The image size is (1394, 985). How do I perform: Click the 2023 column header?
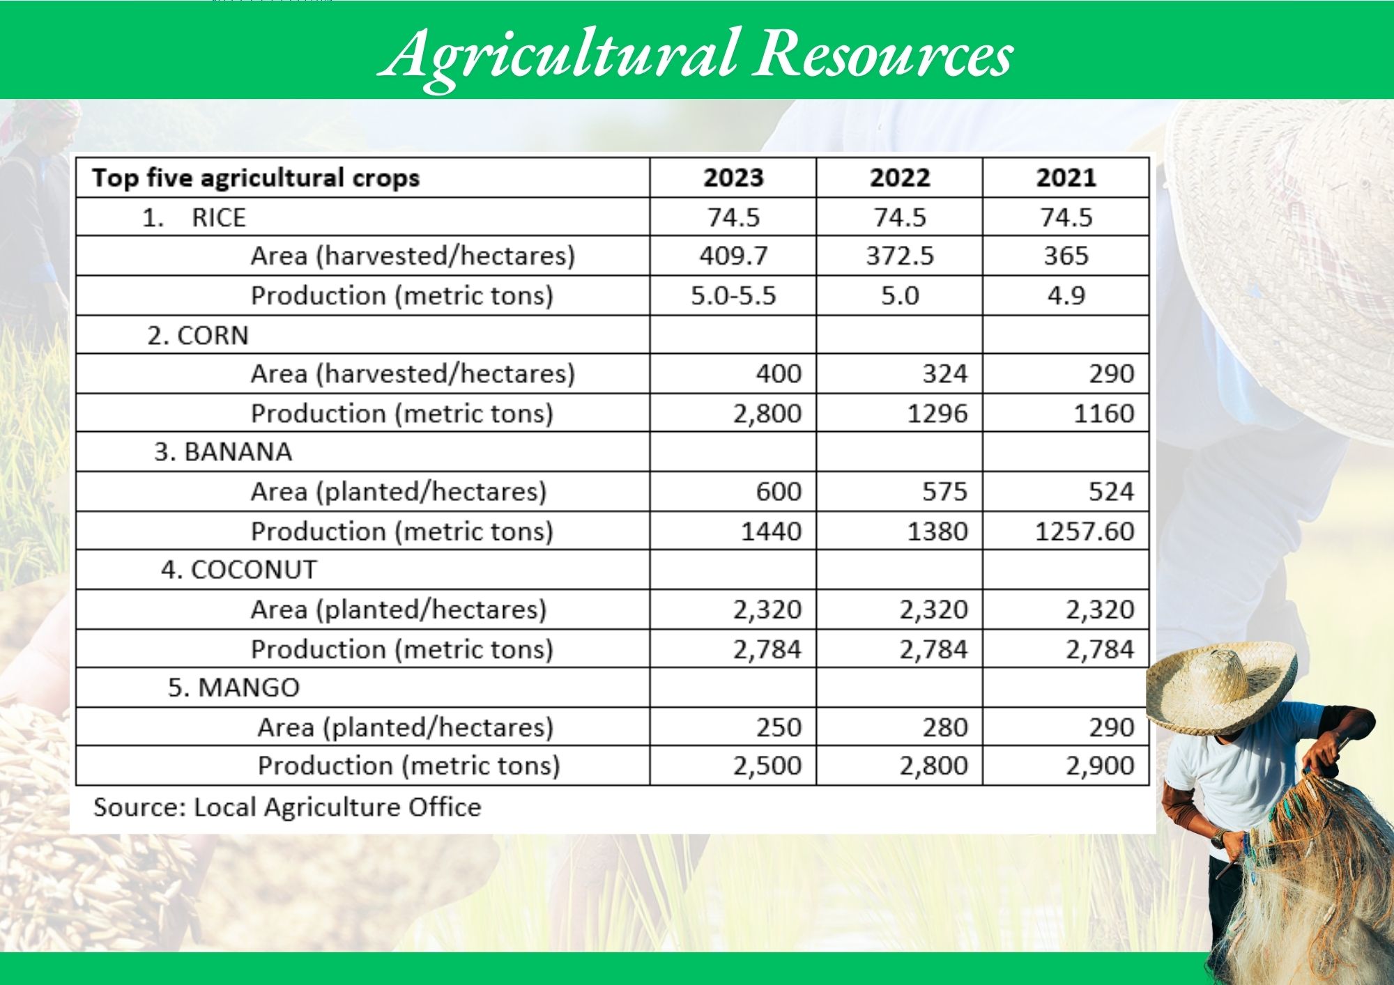coord(733,178)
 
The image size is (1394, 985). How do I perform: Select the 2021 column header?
coord(1066,178)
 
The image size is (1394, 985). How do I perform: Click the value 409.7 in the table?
coord(733,256)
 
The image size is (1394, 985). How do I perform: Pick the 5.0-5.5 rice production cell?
coord(733,295)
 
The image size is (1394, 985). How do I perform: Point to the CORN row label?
coord(198,335)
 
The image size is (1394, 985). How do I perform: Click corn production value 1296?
coord(937,413)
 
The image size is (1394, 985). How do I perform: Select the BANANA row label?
coord(223,452)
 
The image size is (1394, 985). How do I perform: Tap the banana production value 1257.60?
coord(1085,532)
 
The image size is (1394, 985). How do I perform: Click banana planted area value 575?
coord(945,492)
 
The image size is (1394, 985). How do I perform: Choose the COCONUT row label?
coord(239,570)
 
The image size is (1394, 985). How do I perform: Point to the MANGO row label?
coord(233,688)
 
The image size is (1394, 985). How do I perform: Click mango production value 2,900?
coord(1100,766)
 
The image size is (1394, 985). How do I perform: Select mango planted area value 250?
coord(779,727)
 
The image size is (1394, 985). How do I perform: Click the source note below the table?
coord(287,807)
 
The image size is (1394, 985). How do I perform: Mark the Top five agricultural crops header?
coord(256,178)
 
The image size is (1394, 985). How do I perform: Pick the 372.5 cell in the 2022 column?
coord(900,256)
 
